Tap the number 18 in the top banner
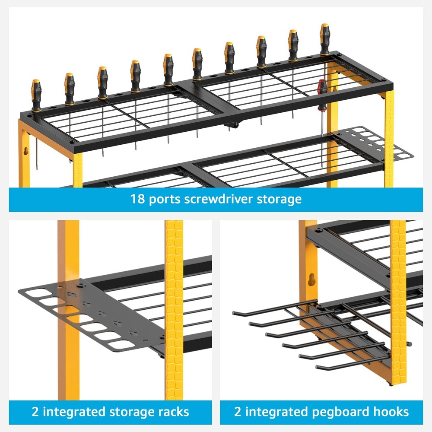tap(137, 199)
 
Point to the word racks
tap(174, 412)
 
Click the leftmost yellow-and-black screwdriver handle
tap(36, 95)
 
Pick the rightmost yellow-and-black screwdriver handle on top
tap(325, 39)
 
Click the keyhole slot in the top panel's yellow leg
tap(26, 151)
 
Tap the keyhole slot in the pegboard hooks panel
tap(311, 280)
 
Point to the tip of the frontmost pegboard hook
tap(318, 367)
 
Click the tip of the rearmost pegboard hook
tap(234, 313)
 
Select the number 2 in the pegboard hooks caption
tap(238, 412)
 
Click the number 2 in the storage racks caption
tap(35, 412)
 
